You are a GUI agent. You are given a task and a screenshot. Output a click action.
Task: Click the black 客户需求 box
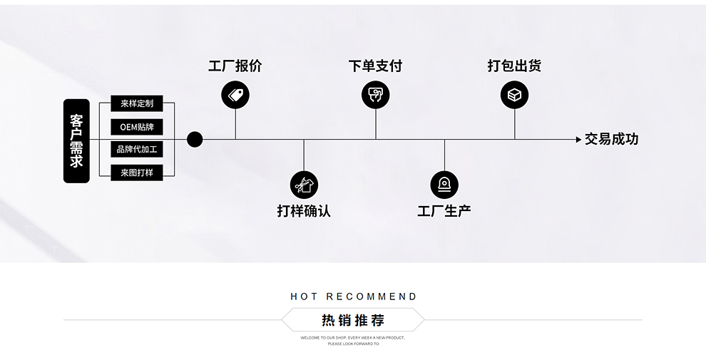[x=76, y=140]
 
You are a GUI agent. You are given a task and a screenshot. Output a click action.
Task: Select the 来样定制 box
[x=137, y=103]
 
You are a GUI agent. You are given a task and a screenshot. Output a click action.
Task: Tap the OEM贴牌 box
[x=137, y=127]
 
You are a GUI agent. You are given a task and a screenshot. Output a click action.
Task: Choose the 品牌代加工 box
[x=137, y=150]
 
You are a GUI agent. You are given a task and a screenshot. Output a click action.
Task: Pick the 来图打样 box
[x=137, y=173]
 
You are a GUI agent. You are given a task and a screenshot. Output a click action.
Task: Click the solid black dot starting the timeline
[x=195, y=139]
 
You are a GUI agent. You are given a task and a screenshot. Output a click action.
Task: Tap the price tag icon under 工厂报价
[x=235, y=94]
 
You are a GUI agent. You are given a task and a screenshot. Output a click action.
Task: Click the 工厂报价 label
[x=235, y=66]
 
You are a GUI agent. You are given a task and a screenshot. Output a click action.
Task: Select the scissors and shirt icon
[x=304, y=185]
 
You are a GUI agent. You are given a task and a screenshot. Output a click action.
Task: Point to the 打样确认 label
[x=304, y=211]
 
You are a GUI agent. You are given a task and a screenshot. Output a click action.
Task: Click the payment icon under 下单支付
[x=375, y=94]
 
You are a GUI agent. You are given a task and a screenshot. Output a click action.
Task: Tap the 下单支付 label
[x=375, y=66]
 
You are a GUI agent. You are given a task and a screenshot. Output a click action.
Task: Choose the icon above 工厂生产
[x=444, y=185]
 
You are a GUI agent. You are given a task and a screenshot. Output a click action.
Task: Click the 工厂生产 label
[x=444, y=211]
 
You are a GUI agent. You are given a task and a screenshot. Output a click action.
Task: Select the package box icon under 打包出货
[x=514, y=94]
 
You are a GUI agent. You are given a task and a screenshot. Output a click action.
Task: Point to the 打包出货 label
[x=514, y=66]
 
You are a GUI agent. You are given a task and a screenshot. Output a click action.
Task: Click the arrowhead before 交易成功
[x=578, y=140]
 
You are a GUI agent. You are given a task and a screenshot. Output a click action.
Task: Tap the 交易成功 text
[x=611, y=140]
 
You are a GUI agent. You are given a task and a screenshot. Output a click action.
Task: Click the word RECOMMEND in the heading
[x=372, y=297]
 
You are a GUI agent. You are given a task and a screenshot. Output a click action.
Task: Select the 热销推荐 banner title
[x=353, y=320]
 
